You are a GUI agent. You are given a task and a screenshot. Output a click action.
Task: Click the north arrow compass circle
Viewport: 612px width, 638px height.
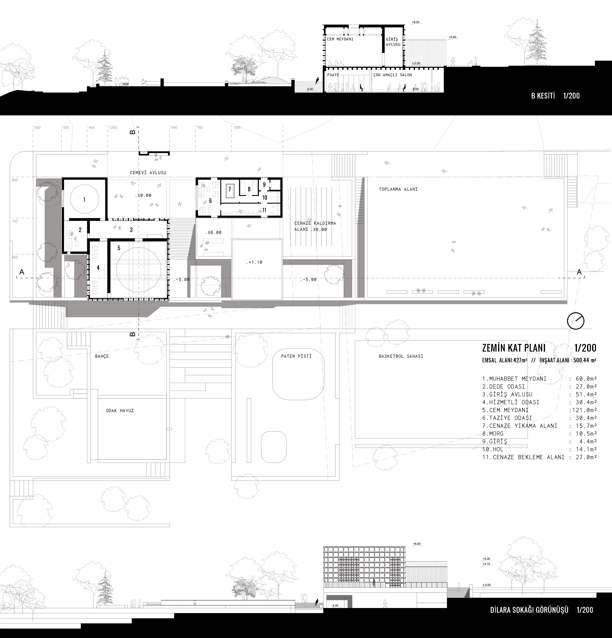[576, 321]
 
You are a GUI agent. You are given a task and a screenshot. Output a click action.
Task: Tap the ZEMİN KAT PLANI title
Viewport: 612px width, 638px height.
[514, 348]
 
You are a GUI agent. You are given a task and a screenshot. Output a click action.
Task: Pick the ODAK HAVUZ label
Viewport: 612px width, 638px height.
[120, 411]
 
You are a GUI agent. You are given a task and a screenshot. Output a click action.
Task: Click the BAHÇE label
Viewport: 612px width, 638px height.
[102, 356]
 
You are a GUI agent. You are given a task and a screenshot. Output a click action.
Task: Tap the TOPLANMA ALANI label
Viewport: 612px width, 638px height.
[398, 189]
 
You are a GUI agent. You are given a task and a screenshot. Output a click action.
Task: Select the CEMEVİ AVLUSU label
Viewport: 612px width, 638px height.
[148, 173]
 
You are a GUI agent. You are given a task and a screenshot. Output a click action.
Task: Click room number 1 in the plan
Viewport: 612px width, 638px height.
[84, 200]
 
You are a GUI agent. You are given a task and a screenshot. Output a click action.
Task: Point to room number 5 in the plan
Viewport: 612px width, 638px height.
[119, 248]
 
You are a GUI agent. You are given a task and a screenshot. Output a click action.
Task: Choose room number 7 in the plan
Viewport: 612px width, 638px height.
[230, 189]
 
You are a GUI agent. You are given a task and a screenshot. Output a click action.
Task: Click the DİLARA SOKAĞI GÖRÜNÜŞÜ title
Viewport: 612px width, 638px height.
[529, 610]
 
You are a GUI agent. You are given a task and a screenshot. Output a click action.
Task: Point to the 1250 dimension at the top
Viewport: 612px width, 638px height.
[113, 128]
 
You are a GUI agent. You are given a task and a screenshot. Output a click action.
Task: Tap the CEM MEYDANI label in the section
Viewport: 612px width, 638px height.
[340, 39]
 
